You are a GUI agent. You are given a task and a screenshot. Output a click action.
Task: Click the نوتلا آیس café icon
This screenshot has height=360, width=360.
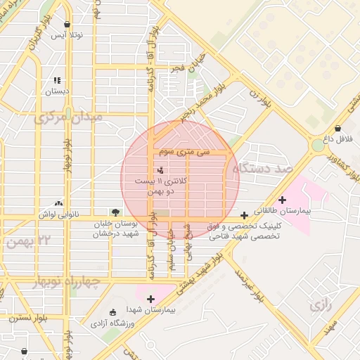pos(67,24)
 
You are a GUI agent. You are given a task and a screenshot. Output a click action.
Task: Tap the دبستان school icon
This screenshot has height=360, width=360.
pos(57,80)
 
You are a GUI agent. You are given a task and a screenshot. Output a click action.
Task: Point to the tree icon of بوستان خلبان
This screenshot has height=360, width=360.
pos(114,212)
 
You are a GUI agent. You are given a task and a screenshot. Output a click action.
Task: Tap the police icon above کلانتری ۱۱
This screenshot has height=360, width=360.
pos(161,169)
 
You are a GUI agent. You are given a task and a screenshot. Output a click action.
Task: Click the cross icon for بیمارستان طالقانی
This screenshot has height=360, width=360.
pos(283,200)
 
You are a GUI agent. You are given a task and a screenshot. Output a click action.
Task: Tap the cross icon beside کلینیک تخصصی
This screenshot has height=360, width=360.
pos(244,215)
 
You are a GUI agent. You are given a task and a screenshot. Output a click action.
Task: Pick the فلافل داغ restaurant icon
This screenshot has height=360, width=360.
pos(339,129)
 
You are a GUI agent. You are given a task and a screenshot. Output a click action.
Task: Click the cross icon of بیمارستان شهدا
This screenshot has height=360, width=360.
pos(150,299)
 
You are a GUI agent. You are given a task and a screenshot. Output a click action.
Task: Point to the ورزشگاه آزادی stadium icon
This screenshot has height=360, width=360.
pos(114,311)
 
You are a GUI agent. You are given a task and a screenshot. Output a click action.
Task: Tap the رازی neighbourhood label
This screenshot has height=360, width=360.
pos(320,305)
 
